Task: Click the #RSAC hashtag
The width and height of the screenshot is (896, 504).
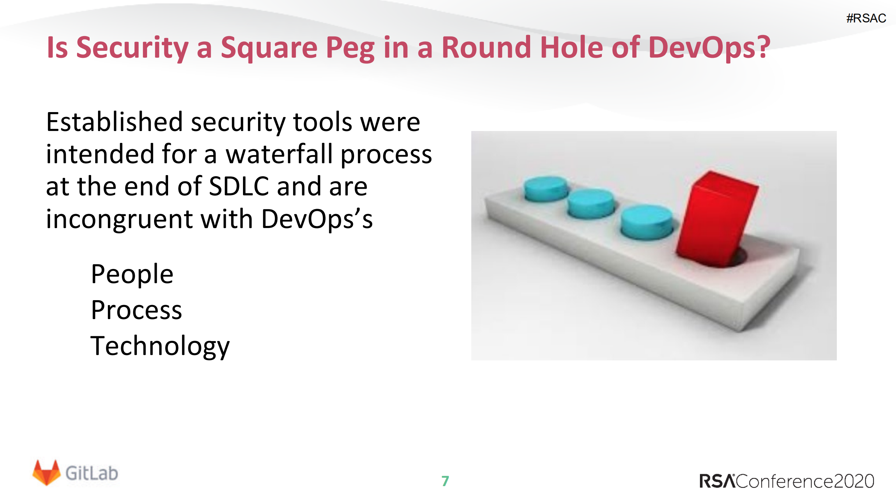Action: (866, 18)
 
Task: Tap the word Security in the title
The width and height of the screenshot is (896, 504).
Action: (132, 48)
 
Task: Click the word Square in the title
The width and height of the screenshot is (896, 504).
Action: (269, 48)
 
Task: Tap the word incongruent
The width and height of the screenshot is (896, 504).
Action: (119, 219)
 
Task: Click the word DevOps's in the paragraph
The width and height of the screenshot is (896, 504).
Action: (317, 219)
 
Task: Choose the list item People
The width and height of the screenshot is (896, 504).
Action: (132, 274)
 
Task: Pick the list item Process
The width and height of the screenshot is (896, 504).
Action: (137, 310)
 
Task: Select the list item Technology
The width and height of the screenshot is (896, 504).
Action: (160, 346)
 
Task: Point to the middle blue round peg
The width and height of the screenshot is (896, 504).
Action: (590, 203)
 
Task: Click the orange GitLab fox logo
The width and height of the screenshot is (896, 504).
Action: (46, 472)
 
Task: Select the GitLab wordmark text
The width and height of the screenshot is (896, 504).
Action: (92, 474)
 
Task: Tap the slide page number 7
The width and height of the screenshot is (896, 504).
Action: (445, 481)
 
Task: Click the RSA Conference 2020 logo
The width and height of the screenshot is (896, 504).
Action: (786, 481)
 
